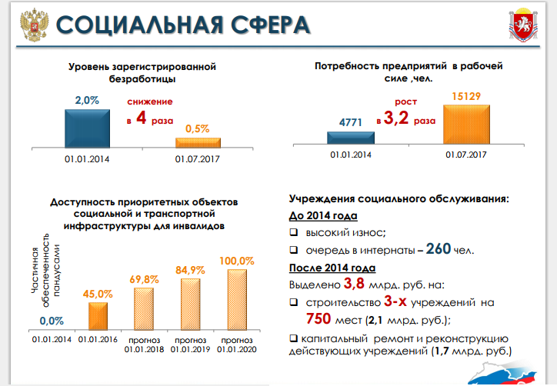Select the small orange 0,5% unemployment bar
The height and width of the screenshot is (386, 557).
(198, 142)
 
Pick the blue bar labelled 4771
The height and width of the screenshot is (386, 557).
(350, 138)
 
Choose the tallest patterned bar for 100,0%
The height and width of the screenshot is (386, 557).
(238, 298)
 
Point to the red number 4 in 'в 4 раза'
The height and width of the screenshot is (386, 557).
(142, 120)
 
